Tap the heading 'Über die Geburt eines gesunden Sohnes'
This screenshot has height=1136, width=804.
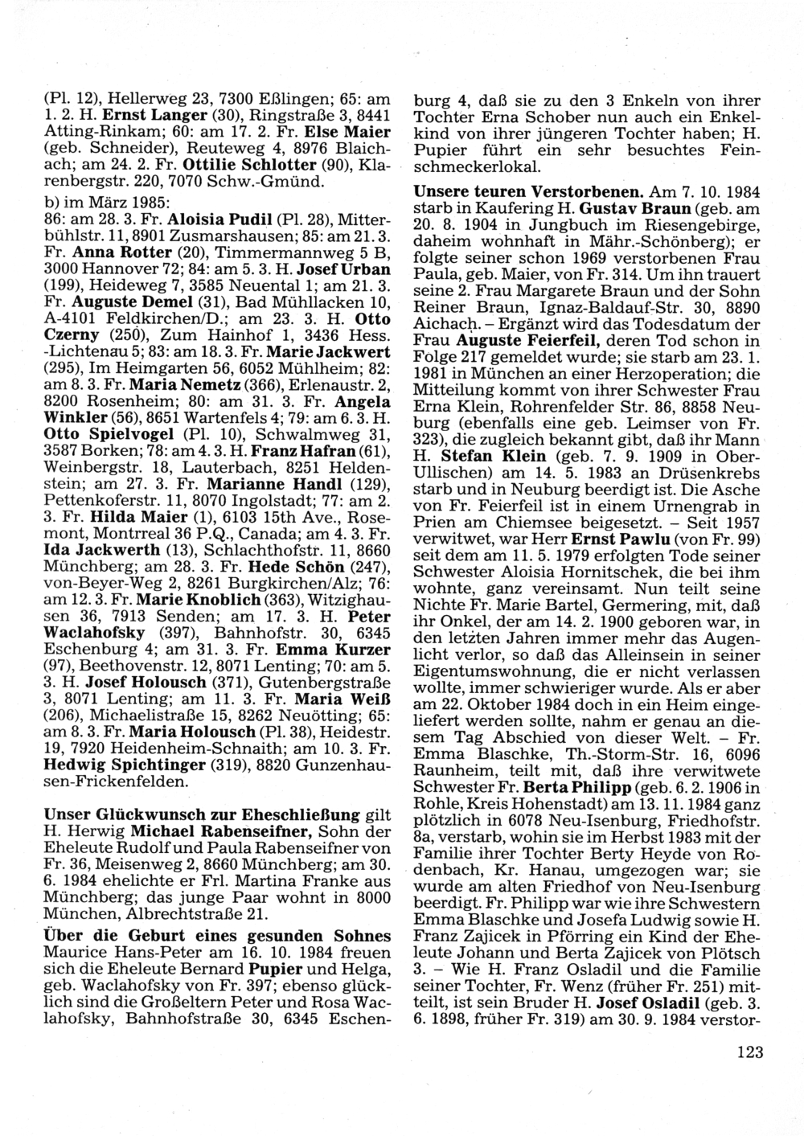pos(218,937)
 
